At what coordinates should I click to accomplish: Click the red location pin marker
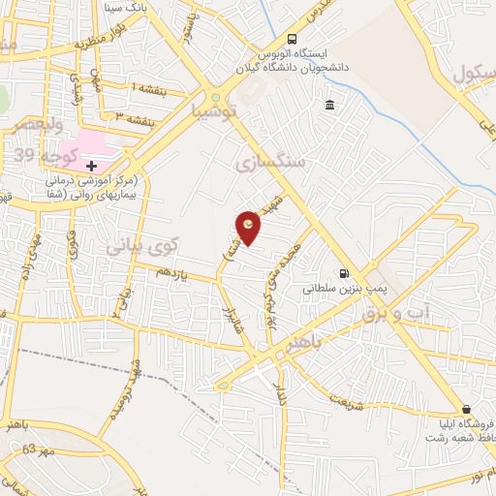pos(249,227)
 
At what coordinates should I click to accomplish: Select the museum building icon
pos(330,105)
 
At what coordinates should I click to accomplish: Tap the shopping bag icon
pos(467,410)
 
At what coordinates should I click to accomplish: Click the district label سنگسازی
pos(270,165)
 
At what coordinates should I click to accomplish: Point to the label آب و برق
pos(388,314)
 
